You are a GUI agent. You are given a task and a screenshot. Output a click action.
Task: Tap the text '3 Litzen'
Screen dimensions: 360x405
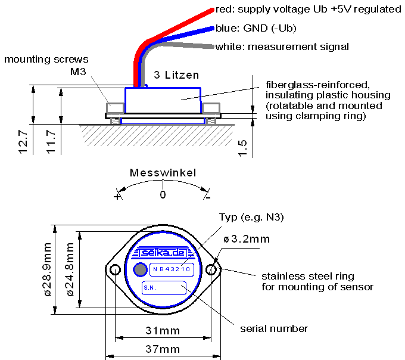(176, 75)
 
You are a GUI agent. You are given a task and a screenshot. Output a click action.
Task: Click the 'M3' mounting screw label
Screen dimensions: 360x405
(79, 72)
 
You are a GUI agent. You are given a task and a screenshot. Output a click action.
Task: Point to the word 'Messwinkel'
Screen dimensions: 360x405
(162, 173)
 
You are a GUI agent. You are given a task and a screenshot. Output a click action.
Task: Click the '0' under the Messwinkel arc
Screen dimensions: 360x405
(163, 194)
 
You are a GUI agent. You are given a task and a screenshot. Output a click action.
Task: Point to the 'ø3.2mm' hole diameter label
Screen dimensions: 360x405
(247, 239)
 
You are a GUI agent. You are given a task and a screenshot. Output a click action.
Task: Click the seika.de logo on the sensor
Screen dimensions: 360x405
(163, 253)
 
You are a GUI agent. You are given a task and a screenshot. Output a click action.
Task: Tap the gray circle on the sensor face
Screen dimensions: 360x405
(139, 269)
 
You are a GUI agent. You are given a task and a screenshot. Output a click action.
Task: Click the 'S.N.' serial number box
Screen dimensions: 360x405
(164, 288)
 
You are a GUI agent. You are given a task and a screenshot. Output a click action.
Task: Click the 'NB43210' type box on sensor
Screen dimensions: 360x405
(172, 269)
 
